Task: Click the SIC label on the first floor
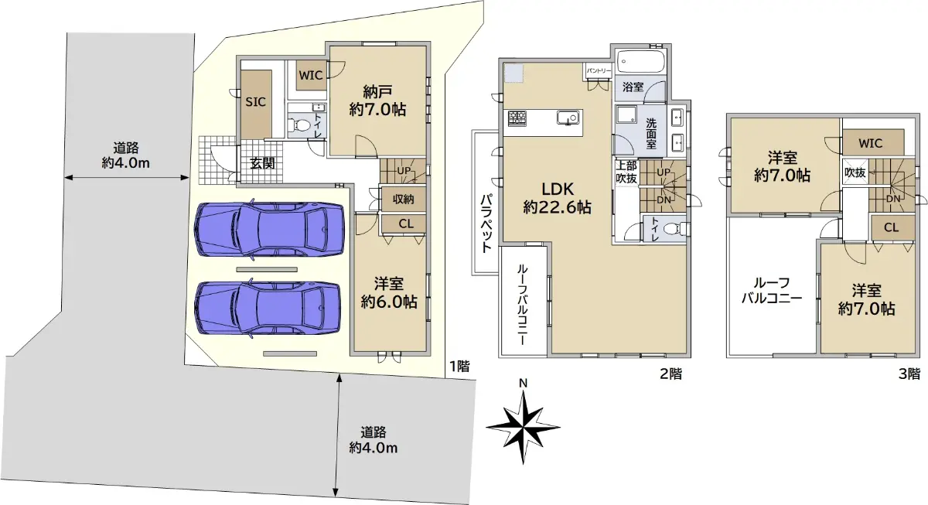tap(255, 102)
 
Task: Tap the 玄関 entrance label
tap(262, 163)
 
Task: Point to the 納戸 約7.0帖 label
tap(377, 101)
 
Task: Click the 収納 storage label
tap(403, 200)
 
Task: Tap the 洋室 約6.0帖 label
tap(388, 293)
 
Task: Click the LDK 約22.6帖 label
tap(558, 198)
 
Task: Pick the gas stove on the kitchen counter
tap(517, 118)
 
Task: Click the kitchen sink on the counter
tap(568, 118)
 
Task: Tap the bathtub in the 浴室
tap(640, 61)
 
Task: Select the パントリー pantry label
tap(599, 71)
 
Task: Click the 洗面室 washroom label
tap(651, 133)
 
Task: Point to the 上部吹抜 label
tap(626, 172)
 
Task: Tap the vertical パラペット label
tap(486, 223)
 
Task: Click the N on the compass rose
tap(524, 384)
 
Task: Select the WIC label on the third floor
tap(871, 143)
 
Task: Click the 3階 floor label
tap(909, 374)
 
